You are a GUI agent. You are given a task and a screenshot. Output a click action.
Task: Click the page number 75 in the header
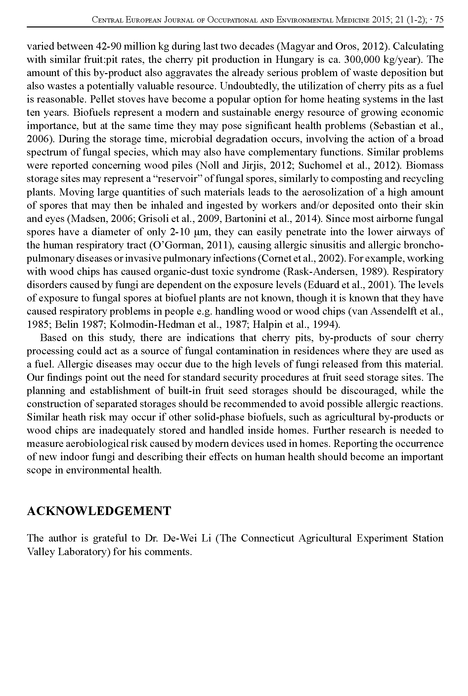click(439, 20)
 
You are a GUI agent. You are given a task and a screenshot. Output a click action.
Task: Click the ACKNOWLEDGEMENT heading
click(99, 511)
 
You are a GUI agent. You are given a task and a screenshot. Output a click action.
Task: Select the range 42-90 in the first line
click(107, 46)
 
